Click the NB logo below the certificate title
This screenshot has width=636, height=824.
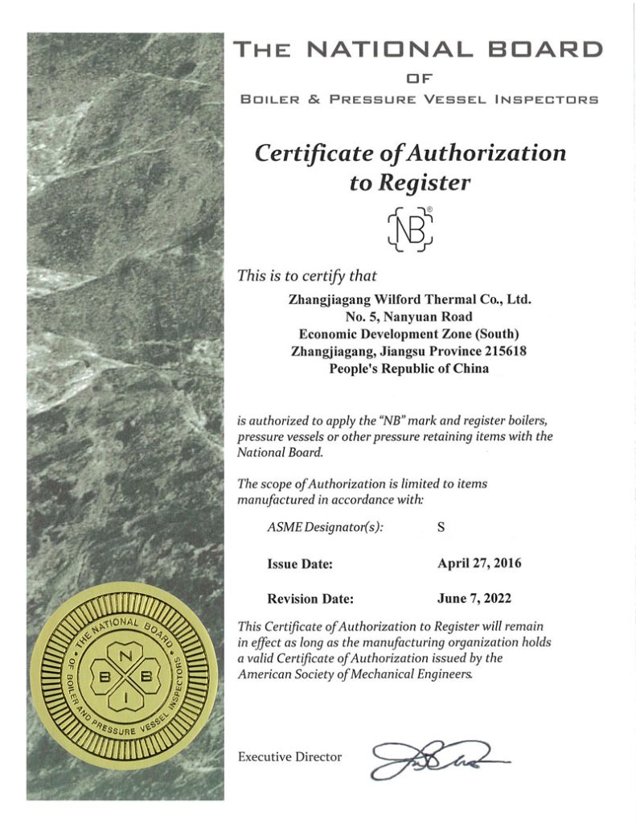[410, 227]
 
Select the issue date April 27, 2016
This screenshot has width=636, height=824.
[478, 563]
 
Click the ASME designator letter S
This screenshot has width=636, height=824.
[441, 528]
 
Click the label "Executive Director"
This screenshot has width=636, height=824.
[290, 756]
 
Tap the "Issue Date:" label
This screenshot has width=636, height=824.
[300, 564]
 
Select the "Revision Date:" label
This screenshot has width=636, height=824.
[310, 599]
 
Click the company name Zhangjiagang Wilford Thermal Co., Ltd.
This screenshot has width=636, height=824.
[410, 299]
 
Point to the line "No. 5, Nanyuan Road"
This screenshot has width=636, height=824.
[409, 316]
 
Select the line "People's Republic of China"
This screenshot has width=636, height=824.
[409, 369]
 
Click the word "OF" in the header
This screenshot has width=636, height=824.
[416, 78]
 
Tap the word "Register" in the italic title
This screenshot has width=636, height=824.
[409, 182]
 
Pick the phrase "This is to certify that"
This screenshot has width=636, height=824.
[307, 275]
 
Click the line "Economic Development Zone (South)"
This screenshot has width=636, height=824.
[409, 334]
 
